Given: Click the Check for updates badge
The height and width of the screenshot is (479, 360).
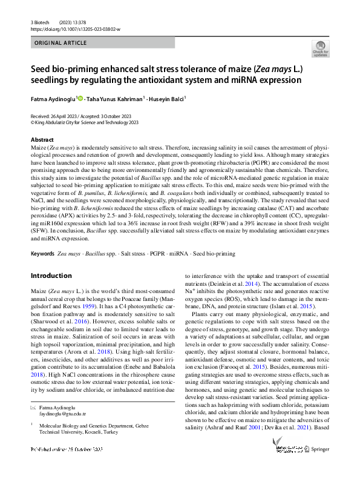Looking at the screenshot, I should tap(319, 48).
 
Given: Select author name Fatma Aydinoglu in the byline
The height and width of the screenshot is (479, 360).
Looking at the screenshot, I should tap(53, 97).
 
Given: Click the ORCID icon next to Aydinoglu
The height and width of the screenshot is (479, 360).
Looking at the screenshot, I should tap(80, 97).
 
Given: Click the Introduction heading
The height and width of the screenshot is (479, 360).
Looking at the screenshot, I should tap(51, 276).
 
